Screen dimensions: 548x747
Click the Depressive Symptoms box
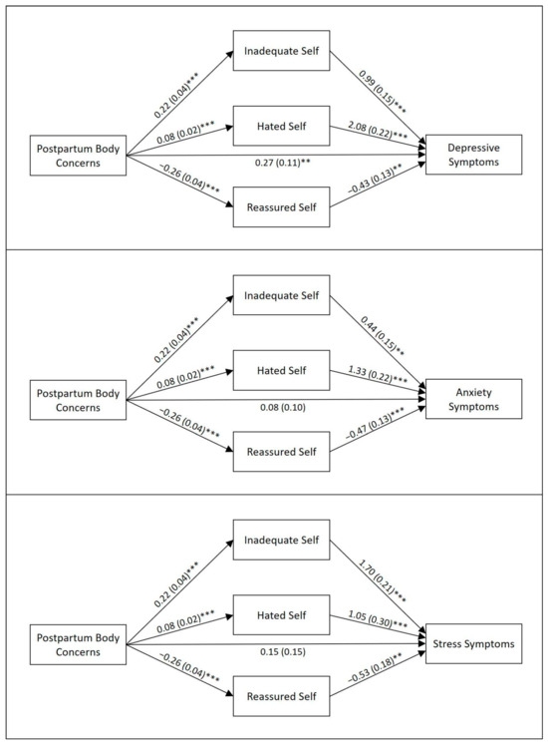click(473, 155)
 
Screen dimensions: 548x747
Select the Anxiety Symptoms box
click(473, 399)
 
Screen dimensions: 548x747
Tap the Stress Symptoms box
click(473, 643)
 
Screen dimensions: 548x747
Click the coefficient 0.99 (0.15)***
click(383, 92)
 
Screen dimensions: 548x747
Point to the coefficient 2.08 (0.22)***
click(378, 130)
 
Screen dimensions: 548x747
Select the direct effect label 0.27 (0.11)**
click(282, 163)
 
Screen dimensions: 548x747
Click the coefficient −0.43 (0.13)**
click(376, 180)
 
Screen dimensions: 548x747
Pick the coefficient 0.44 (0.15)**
click(383, 336)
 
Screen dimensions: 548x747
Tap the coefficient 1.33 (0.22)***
click(378, 374)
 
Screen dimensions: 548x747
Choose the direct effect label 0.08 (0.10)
click(283, 407)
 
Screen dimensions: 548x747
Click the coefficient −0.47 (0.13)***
click(376, 424)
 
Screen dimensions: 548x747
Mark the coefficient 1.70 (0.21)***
click(383, 581)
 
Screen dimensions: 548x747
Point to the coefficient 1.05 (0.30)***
click(378, 619)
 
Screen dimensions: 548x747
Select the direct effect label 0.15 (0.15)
click(283, 651)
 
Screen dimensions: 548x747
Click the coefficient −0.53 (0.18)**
click(376, 668)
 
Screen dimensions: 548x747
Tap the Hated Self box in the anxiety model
click(281, 370)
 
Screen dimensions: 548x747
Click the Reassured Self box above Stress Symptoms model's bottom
click(281, 696)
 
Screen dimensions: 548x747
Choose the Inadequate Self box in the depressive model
click(281, 51)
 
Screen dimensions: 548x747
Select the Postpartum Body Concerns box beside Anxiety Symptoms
click(78, 400)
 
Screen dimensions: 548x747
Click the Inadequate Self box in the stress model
click(281, 540)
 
